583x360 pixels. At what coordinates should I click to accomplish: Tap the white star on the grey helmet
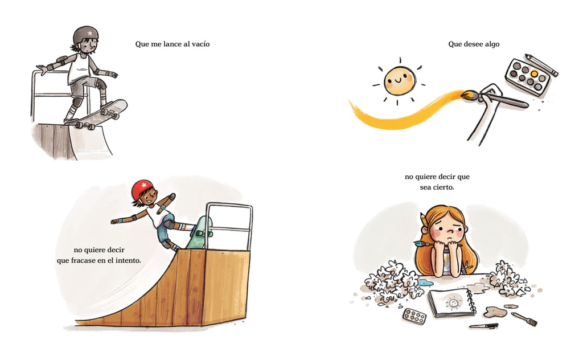(89, 34)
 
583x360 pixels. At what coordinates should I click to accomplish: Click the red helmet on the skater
(142, 189)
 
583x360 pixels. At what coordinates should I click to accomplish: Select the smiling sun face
(399, 81)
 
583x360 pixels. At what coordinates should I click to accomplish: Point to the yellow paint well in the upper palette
(534, 74)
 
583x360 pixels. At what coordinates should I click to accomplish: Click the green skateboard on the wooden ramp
(199, 233)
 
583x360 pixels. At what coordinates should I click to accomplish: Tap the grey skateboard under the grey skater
(97, 114)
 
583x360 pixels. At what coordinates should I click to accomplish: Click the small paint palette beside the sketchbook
(414, 316)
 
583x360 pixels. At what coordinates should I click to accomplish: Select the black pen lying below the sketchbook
(483, 326)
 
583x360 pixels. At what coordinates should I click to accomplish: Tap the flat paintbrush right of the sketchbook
(524, 320)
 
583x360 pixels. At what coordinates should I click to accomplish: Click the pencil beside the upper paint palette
(541, 65)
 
